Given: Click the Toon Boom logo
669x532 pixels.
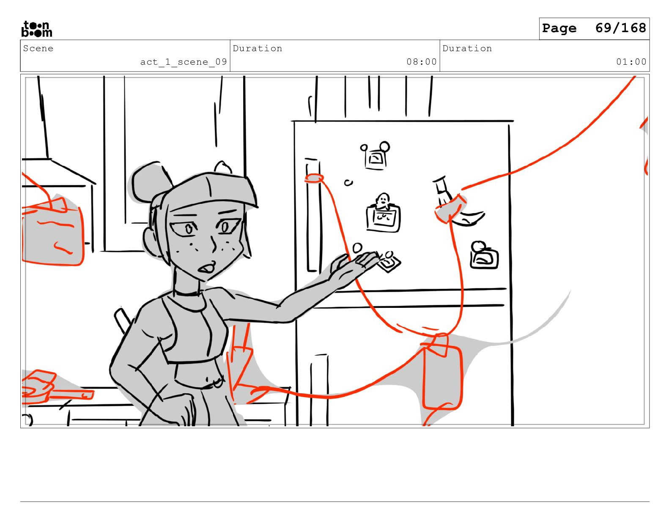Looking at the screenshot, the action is tap(37, 29).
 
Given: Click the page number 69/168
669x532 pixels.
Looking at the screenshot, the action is tap(620, 28).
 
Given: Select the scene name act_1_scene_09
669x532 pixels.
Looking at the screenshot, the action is tap(184, 62).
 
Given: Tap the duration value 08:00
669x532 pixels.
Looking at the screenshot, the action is tap(421, 62).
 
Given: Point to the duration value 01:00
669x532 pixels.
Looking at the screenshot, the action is tap(631, 62).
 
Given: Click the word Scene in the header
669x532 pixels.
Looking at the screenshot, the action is tap(38, 48).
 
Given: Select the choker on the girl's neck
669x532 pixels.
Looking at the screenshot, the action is tap(187, 293).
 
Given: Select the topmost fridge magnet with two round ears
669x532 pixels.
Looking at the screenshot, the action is tap(376, 156).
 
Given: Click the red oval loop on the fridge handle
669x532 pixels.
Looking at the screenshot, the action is tap(314, 178).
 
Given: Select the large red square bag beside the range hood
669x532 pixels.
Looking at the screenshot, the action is tap(52, 235).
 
